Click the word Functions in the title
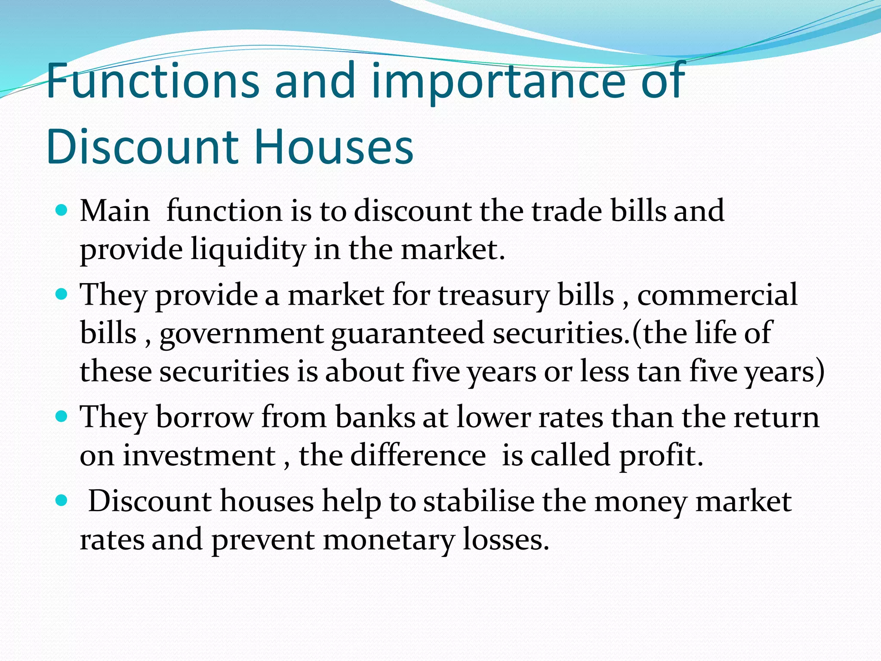pyautogui.click(x=153, y=80)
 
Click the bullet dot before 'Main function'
pyautogui.click(x=62, y=210)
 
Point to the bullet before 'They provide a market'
pyautogui.click(x=62, y=294)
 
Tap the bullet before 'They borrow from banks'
pyautogui.click(x=62, y=417)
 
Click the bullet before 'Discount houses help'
pyautogui.click(x=62, y=501)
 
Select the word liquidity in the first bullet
pyautogui.click(x=248, y=250)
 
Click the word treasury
pyautogui.click(x=493, y=295)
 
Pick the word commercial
pyautogui.click(x=717, y=295)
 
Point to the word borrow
pyautogui.click(x=204, y=417)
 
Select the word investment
pyautogui.click(x=199, y=455)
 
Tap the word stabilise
pyautogui.click(x=478, y=501)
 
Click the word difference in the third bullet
pyautogui.click(x=418, y=455)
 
